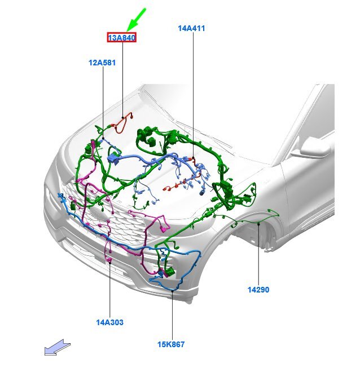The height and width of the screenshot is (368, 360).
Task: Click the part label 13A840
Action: pyautogui.click(x=122, y=38)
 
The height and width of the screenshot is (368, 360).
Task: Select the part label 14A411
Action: pyautogui.click(x=191, y=27)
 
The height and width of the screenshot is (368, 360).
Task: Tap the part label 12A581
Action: pyautogui.click(x=102, y=63)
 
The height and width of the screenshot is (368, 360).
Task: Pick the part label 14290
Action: pyautogui.click(x=258, y=290)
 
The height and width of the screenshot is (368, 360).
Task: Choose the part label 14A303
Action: pyautogui.click(x=109, y=322)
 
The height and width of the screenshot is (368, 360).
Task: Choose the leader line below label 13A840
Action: pyautogui.click(x=122, y=79)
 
